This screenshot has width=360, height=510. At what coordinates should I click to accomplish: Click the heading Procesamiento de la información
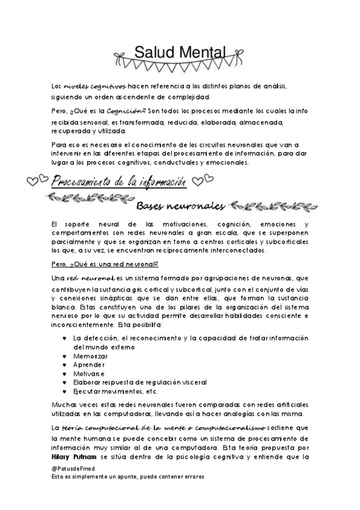[x=118, y=180]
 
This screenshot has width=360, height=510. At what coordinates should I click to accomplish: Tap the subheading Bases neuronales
[x=180, y=206]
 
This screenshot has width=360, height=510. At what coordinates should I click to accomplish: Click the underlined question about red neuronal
[x=104, y=263]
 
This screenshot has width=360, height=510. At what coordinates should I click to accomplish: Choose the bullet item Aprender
[x=88, y=364]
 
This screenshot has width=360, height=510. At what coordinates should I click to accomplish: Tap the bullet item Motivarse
[x=89, y=373]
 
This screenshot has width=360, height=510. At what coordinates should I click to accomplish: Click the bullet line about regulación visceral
[x=139, y=382]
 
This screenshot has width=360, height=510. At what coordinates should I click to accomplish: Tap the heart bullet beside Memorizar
[x=64, y=356]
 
